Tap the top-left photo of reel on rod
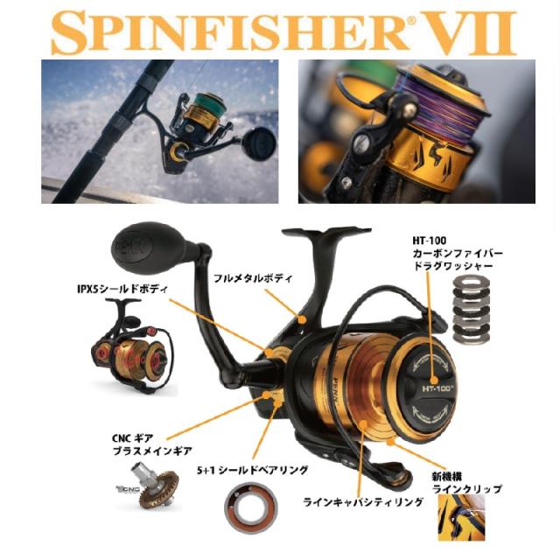click(160, 131)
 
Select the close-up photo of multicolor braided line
click(416, 131)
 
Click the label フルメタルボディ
click(255, 278)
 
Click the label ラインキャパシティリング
click(362, 501)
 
